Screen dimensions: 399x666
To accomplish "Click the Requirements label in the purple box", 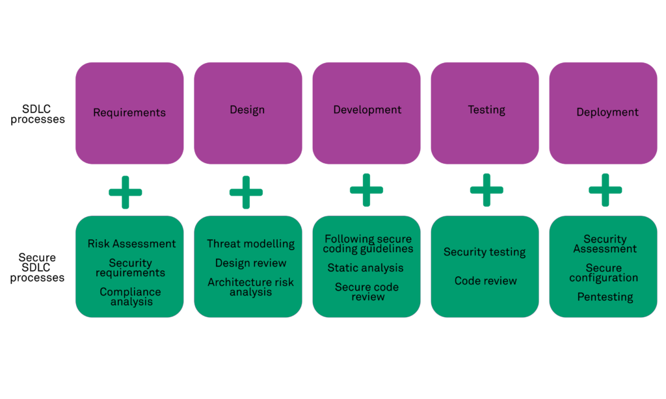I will tap(129, 112).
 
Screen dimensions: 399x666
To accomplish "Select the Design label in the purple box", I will tap(247, 110).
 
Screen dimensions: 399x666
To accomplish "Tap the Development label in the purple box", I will tap(367, 110).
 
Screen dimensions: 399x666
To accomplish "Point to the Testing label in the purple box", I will tap(486, 110).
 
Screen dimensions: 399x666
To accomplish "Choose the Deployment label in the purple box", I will tap(607, 112).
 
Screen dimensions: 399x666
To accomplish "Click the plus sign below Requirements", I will tap(126, 192).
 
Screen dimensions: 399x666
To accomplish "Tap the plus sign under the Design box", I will tap(246, 192).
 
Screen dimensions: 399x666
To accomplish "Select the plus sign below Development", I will tap(366, 190).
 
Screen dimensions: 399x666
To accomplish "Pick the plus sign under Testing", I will tap(486, 190).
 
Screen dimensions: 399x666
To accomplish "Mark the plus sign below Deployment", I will tap(605, 190).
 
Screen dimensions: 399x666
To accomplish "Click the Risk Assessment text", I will tap(132, 244).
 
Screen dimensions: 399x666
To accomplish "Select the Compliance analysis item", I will tap(130, 297).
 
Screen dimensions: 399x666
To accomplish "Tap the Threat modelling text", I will tap(251, 244).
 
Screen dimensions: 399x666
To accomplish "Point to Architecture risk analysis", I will tap(251, 287).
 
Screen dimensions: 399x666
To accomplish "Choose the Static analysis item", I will tap(366, 268).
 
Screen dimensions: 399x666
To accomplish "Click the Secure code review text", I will tap(367, 292).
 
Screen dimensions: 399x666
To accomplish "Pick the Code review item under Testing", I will tap(486, 281).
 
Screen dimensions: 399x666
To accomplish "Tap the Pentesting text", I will tap(605, 297).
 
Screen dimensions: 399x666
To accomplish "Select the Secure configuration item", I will tap(604, 273).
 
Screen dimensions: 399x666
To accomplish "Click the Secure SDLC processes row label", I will tap(37, 268).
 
